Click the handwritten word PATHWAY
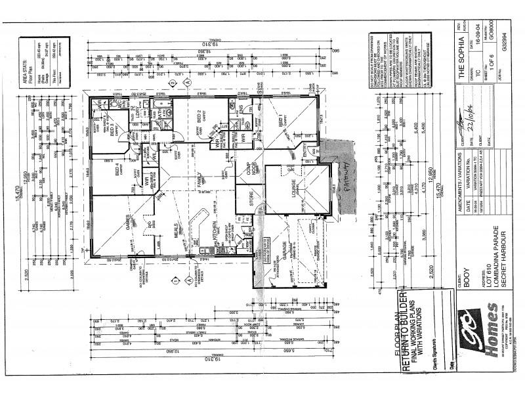(x=346, y=185)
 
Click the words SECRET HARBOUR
(x=503, y=255)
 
